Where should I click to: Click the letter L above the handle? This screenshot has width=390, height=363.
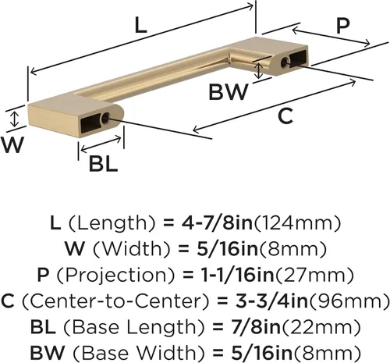141,26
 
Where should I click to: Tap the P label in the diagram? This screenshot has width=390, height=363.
343,27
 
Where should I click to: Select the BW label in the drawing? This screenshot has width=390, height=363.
229,92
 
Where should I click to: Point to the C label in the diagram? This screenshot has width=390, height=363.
285,116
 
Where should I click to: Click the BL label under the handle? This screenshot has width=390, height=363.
104,163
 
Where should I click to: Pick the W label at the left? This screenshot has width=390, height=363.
12,144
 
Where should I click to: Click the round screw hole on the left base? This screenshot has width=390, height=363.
105,118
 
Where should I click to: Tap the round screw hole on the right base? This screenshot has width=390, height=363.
285,62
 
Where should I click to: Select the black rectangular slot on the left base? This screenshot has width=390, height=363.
90,124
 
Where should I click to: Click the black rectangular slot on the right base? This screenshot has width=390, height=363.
299,58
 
